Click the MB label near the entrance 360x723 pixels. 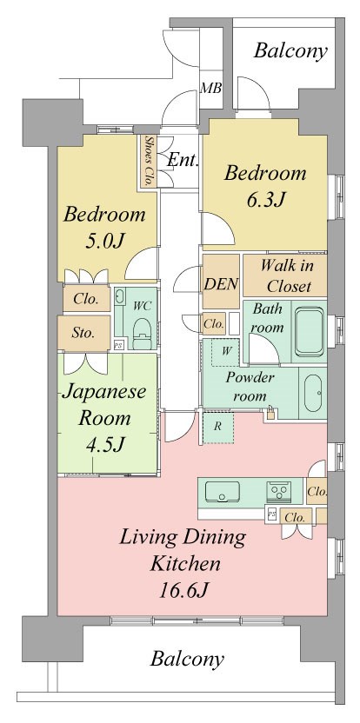[210, 88]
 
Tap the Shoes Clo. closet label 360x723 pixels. [149, 161]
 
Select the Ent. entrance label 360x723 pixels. [183, 161]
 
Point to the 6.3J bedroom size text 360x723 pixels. [265, 200]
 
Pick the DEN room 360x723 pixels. [221, 282]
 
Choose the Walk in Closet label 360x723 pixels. [286, 275]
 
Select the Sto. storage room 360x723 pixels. [84, 333]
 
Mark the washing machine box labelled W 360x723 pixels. [226, 352]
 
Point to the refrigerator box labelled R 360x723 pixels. [218, 427]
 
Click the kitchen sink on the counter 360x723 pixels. [222, 493]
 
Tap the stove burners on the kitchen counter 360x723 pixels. [279, 492]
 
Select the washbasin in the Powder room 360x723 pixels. [313, 393]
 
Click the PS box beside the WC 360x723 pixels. [118, 344]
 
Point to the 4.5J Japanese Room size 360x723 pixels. [105, 444]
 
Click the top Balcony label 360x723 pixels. [290, 50]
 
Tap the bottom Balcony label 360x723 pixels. [187, 659]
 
